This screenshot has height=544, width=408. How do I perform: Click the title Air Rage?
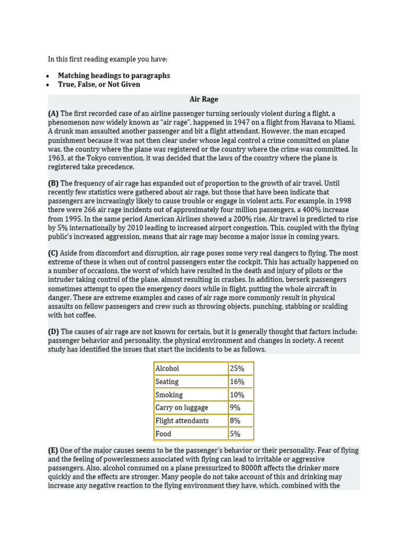(x=204, y=99)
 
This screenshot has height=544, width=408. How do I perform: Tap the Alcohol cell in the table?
(x=167, y=369)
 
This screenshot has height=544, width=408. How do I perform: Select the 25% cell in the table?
(x=237, y=369)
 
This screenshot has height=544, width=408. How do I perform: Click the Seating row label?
(x=167, y=381)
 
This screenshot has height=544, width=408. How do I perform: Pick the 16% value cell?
(x=237, y=381)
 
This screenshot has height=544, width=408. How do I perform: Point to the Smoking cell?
(x=169, y=395)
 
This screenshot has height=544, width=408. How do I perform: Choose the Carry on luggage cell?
(x=182, y=407)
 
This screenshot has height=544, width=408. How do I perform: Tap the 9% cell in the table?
(x=235, y=407)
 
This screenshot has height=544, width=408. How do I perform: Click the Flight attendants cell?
(x=182, y=421)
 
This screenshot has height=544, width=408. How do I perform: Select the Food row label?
(x=164, y=433)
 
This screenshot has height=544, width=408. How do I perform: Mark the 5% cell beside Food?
(x=235, y=433)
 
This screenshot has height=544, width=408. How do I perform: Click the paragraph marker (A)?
(x=53, y=114)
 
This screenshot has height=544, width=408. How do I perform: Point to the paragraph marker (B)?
(x=53, y=183)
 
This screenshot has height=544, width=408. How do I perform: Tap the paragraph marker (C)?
(x=53, y=253)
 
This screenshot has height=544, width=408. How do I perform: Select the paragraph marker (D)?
(x=53, y=332)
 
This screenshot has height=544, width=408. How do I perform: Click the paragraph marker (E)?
(x=53, y=450)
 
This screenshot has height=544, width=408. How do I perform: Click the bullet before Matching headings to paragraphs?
(x=48, y=76)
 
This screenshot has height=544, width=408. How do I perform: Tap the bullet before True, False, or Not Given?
(x=48, y=84)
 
